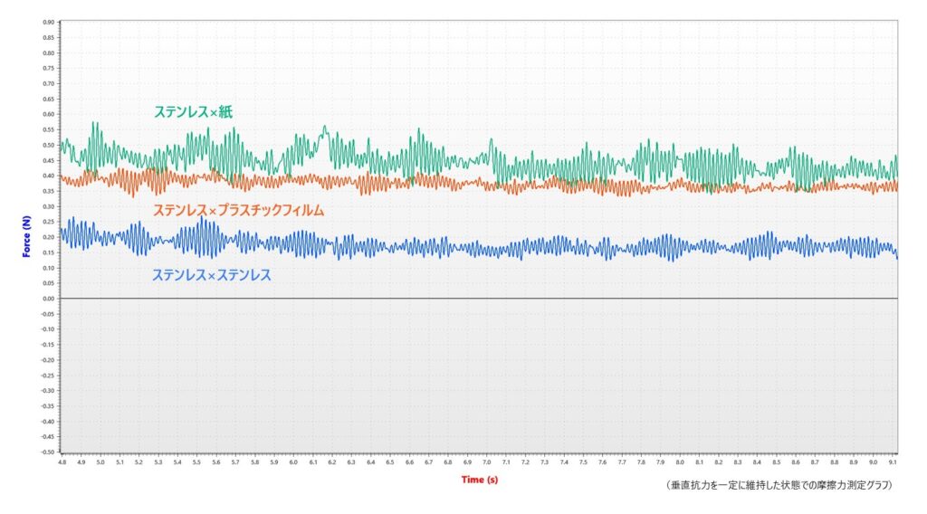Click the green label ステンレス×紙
click(x=195, y=112)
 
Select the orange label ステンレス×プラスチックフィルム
click(x=238, y=210)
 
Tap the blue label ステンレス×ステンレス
click(x=211, y=274)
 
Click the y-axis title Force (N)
click(x=27, y=235)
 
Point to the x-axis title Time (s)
click(x=479, y=479)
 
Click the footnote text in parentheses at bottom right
click(x=778, y=486)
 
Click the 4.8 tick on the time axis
click(x=62, y=462)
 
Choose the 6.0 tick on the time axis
click(x=293, y=462)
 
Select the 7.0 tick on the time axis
click(x=486, y=462)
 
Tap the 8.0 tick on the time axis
click(x=679, y=462)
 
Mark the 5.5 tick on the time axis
click(x=196, y=462)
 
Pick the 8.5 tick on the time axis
click(x=776, y=462)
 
